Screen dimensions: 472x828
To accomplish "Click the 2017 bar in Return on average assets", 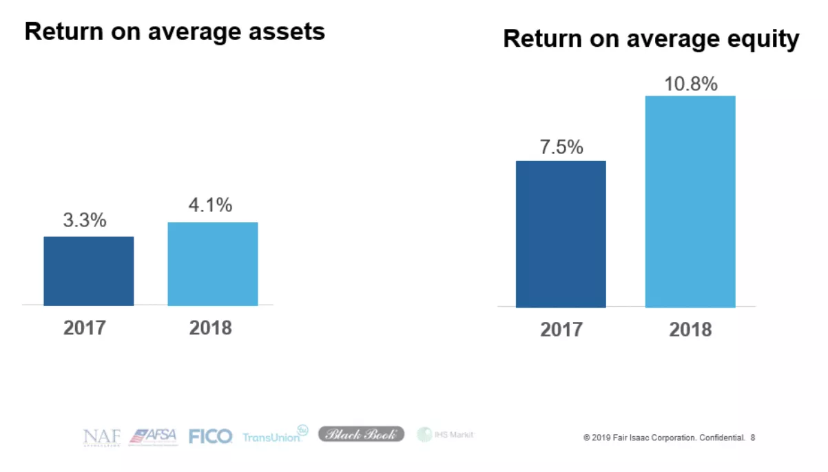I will [88, 271].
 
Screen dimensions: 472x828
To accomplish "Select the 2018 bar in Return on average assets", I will [213, 264].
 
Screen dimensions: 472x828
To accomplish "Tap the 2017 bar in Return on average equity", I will [561, 234].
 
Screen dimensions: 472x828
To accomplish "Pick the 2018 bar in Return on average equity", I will [690, 202].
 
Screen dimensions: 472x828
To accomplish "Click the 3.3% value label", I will [85, 220].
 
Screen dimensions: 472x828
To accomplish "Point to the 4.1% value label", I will [210, 206].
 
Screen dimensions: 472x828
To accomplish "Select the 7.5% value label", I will [561, 147].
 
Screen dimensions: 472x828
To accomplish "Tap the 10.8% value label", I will [690, 85].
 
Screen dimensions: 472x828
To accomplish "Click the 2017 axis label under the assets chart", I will [85, 327].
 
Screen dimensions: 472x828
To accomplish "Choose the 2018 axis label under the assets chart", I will [211, 327].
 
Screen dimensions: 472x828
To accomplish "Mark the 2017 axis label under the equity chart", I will [561, 329].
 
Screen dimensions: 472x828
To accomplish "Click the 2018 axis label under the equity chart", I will [690, 329].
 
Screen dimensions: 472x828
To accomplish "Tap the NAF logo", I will [102, 436].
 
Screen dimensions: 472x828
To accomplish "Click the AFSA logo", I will [153, 436].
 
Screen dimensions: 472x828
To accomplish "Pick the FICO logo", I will [210, 436].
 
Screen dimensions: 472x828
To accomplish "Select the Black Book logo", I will [361, 434].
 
